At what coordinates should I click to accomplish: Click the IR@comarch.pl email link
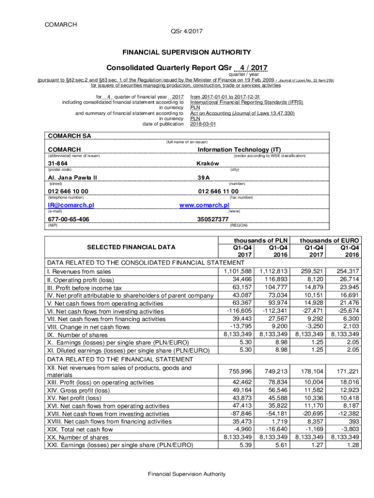[x=70, y=205]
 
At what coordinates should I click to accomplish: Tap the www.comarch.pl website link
[x=204, y=205]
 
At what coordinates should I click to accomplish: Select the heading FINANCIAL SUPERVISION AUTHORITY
[x=187, y=52]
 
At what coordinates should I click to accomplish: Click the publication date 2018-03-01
[x=203, y=124]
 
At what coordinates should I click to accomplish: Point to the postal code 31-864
[x=58, y=163]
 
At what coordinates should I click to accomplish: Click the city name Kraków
[x=207, y=163]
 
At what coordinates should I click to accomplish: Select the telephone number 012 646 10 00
[x=68, y=191]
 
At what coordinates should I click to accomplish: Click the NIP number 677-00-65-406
[x=68, y=219]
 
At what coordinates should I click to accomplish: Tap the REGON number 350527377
[x=212, y=219]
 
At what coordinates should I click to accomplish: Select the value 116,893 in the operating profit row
[x=273, y=279]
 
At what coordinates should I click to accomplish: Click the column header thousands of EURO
[x=329, y=240]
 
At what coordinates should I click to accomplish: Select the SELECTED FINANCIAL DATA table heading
[x=131, y=247]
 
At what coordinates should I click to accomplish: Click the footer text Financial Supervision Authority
[x=187, y=474]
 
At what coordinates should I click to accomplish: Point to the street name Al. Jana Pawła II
[x=72, y=178]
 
